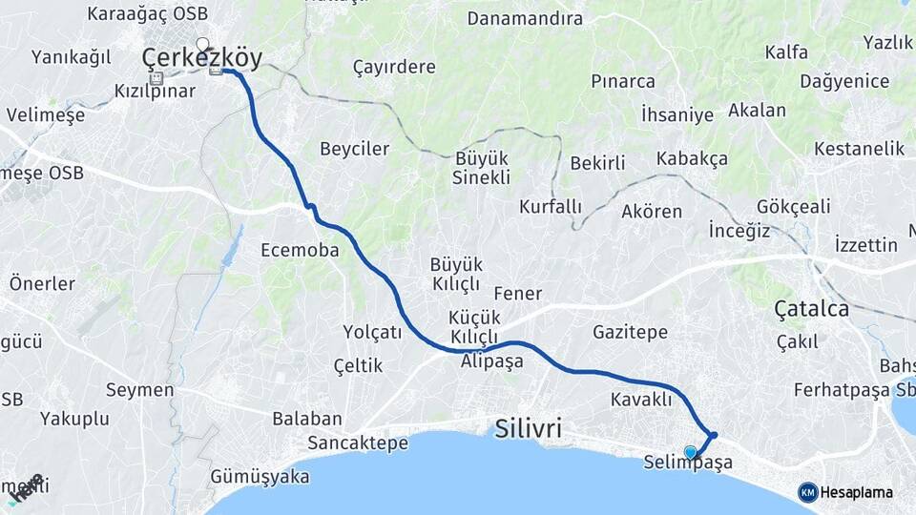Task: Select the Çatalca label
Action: pos(811,309)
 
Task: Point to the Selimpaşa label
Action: pos(687,463)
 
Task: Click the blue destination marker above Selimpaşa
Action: pos(690,451)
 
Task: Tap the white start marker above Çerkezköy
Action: pos(202,43)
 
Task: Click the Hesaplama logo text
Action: pos(857,492)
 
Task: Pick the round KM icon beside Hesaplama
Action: pos(807,492)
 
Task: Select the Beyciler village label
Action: pos(354,149)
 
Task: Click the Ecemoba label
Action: pos(300,250)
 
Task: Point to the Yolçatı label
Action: pos(372,332)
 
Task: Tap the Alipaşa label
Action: pos(491,361)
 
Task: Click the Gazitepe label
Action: pos(630,332)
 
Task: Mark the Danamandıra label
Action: pos(525,18)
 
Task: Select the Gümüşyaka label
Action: pos(260,477)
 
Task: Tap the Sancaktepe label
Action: pos(358,443)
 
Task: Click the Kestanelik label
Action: pos(859,149)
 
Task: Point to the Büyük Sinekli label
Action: pos(481,167)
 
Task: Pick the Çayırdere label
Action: pos(394,67)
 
